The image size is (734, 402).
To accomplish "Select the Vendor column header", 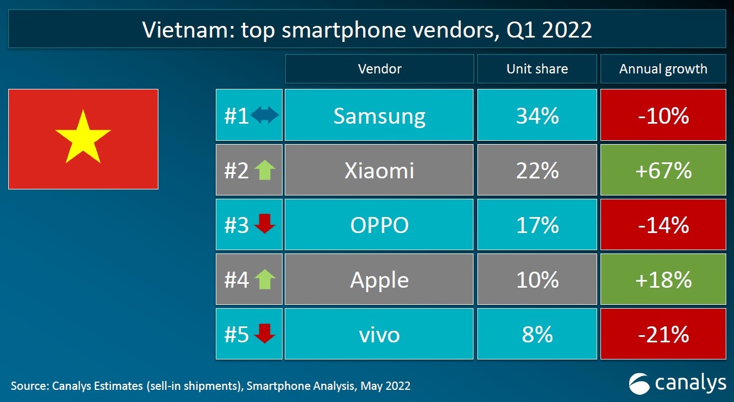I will [x=379, y=69].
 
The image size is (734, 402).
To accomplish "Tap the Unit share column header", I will [x=537, y=69].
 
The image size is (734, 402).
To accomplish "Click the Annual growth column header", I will [x=663, y=69].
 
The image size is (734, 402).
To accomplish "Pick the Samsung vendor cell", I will [x=379, y=115].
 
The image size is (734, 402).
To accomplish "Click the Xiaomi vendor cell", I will [x=379, y=171].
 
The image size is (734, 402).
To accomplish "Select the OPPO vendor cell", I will [x=379, y=225].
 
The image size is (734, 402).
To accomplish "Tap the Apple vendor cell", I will [x=379, y=280].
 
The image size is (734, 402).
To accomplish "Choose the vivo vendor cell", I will [x=379, y=335].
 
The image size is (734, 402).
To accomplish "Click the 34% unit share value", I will [x=537, y=115].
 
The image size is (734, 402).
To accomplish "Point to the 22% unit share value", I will [x=537, y=171].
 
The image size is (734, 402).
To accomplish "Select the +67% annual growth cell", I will [x=663, y=171].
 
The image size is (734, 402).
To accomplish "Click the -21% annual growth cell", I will [x=663, y=335].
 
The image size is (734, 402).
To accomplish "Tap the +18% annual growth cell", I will [x=663, y=280].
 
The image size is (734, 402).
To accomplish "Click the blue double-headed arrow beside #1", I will [x=265, y=115].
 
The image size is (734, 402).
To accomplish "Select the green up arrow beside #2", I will [x=265, y=171].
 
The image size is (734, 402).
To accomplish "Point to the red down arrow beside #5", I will [x=265, y=334].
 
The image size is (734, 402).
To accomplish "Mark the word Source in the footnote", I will [x=28, y=385].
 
